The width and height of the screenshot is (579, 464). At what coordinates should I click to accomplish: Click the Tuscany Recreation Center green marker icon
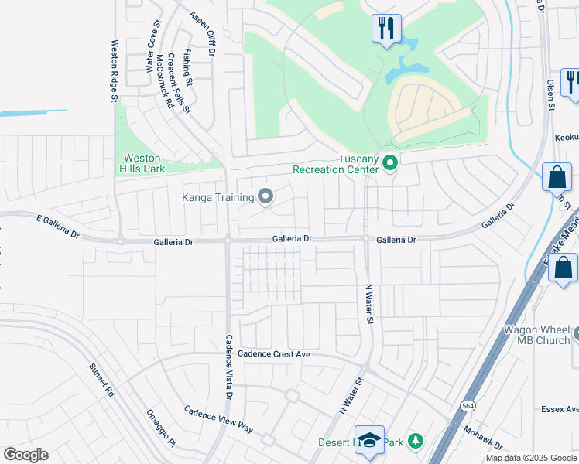(x=390, y=162)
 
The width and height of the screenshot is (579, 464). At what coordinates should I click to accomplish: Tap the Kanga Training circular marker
(x=266, y=196)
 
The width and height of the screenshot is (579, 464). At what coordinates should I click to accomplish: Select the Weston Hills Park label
(x=141, y=163)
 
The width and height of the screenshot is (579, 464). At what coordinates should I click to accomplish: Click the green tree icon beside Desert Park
(x=416, y=442)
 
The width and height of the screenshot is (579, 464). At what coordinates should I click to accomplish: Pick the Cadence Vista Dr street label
(x=229, y=366)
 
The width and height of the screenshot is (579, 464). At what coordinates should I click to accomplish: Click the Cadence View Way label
(x=218, y=418)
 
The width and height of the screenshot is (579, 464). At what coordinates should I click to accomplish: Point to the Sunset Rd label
(x=101, y=380)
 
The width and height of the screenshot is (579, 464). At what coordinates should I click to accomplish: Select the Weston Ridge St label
(x=114, y=70)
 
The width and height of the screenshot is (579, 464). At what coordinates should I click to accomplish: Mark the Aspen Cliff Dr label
(x=204, y=32)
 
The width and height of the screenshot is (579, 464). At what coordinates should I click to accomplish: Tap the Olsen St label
(x=552, y=95)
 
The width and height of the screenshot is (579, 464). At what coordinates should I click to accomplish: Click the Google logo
(x=26, y=455)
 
